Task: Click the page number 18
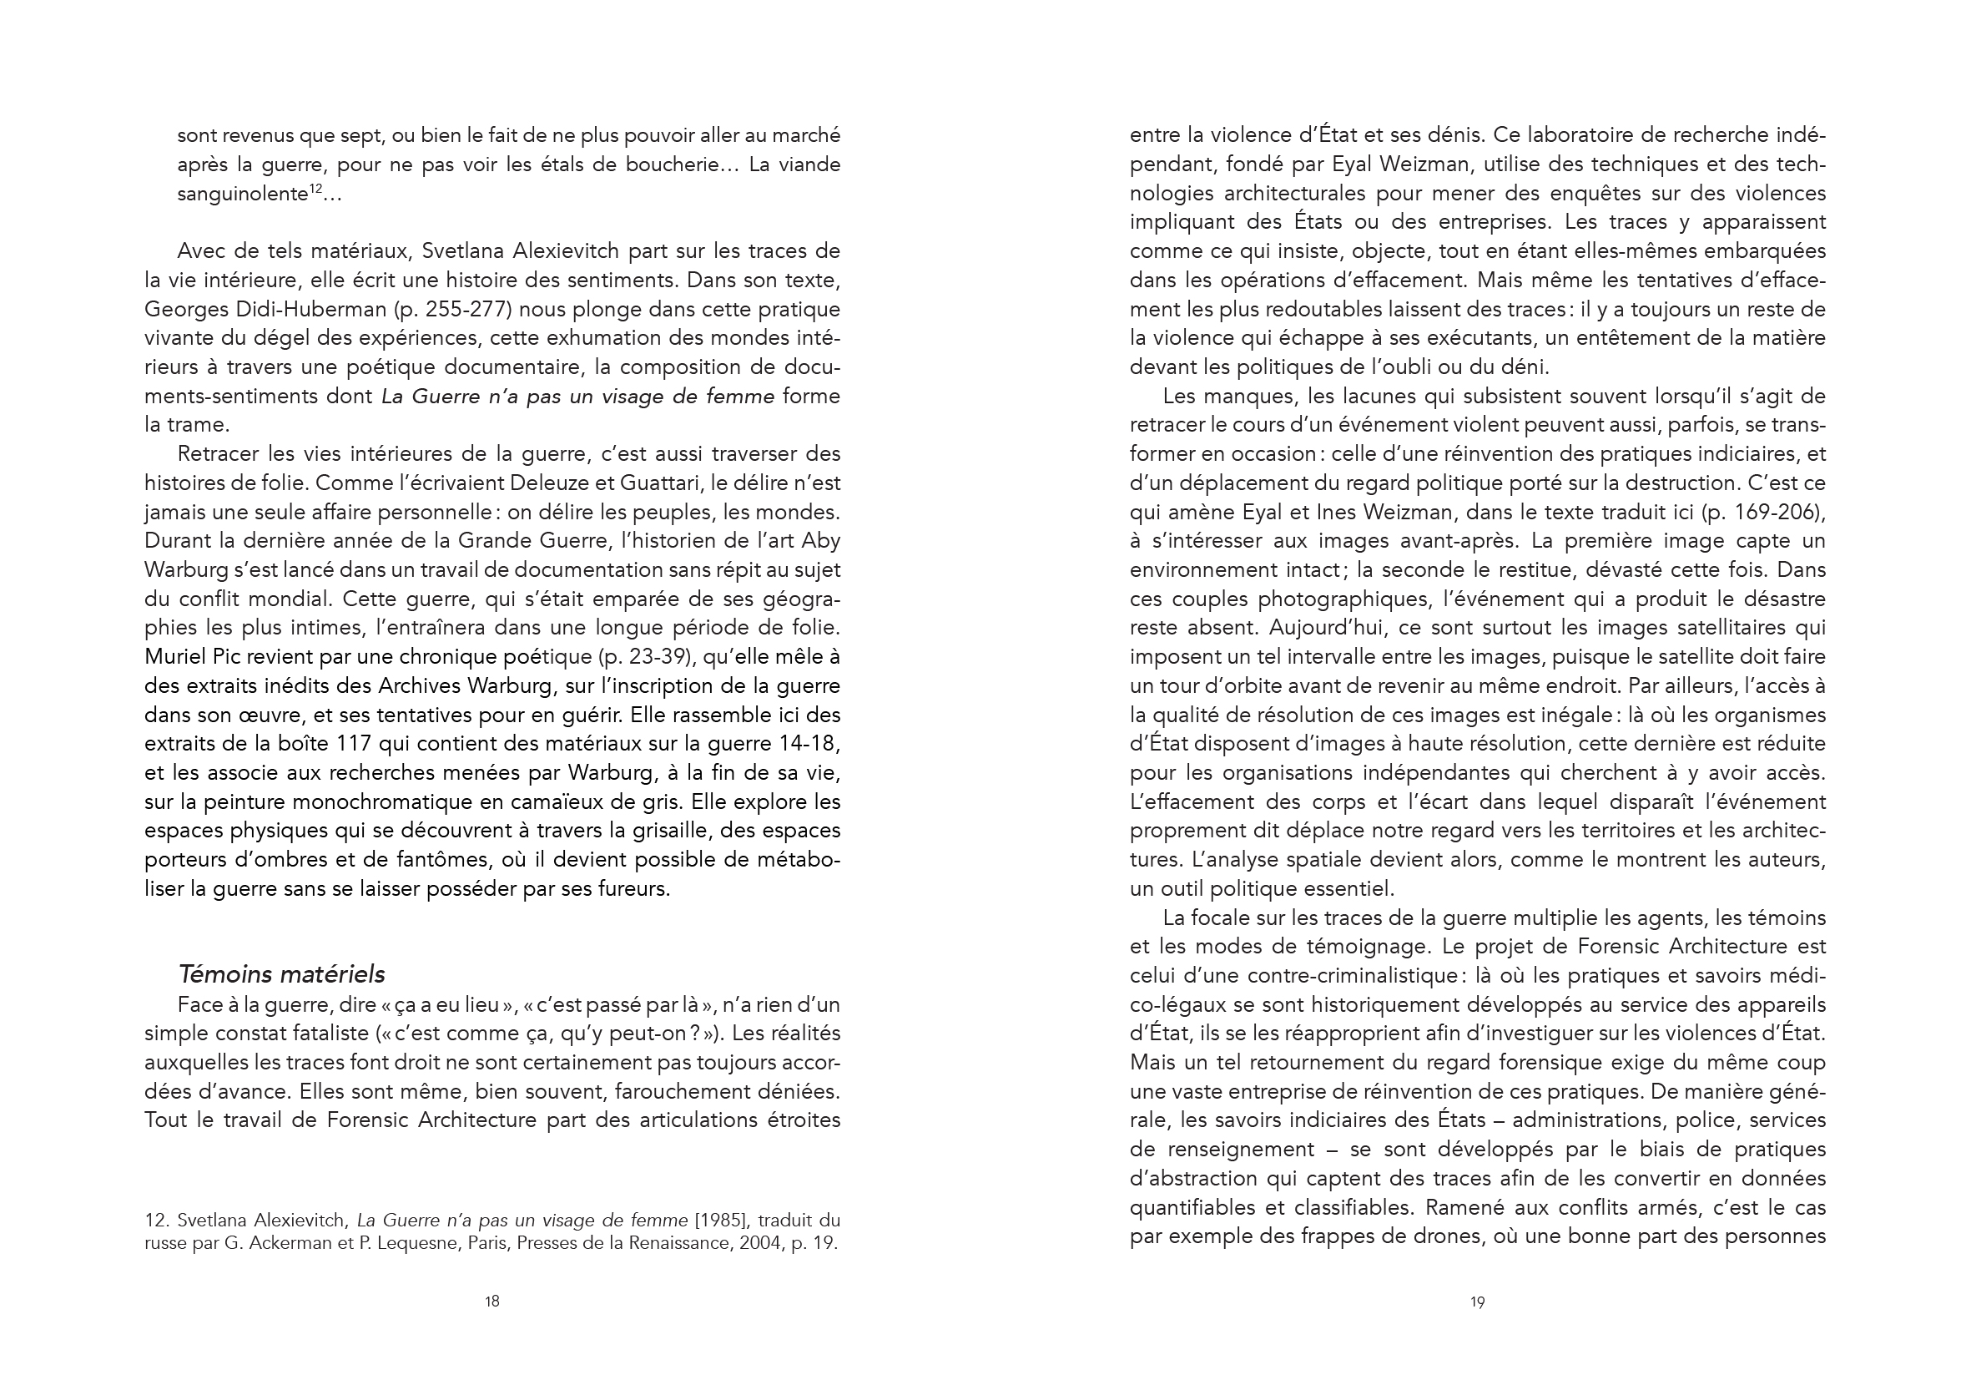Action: (491, 1301)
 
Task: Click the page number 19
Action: (1477, 1302)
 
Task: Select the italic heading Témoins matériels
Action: (281, 974)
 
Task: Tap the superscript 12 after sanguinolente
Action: (315, 189)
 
